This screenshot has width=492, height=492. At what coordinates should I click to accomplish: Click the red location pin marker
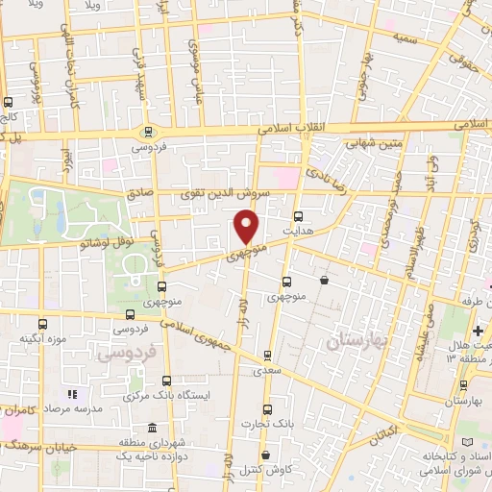click(x=247, y=227)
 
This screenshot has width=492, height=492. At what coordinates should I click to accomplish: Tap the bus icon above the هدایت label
click(x=298, y=215)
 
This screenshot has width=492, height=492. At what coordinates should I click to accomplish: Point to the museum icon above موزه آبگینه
click(x=42, y=324)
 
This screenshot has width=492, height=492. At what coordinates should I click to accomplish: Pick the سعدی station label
click(x=267, y=369)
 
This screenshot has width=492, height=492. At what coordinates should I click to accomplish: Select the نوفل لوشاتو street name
click(x=92, y=244)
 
